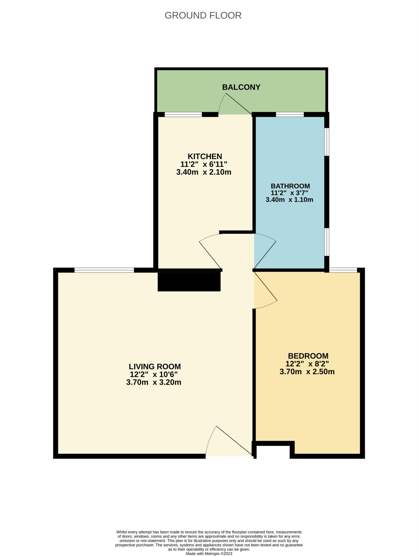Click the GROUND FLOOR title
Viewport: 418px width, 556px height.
(x=203, y=15)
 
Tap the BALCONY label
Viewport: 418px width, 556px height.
(x=241, y=87)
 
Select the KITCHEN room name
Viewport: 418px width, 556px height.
(x=205, y=156)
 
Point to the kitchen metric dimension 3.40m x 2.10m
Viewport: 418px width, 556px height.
(x=204, y=172)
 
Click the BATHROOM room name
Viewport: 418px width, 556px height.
(x=290, y=186)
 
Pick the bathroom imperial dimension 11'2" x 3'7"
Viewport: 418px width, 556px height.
(x=290, y=193)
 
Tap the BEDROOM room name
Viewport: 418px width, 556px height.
(x=308, y=356)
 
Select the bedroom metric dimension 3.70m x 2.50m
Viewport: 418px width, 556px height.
(x=307, y=372)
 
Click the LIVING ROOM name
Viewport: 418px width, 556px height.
(x=155, y=367)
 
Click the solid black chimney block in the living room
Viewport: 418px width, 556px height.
(x=189, y=282)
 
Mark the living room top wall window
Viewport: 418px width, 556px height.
(x=104, y=270)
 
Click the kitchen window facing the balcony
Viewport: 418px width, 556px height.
(x=183, y=115)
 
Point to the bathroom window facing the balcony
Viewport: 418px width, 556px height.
(x=290, y=115)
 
